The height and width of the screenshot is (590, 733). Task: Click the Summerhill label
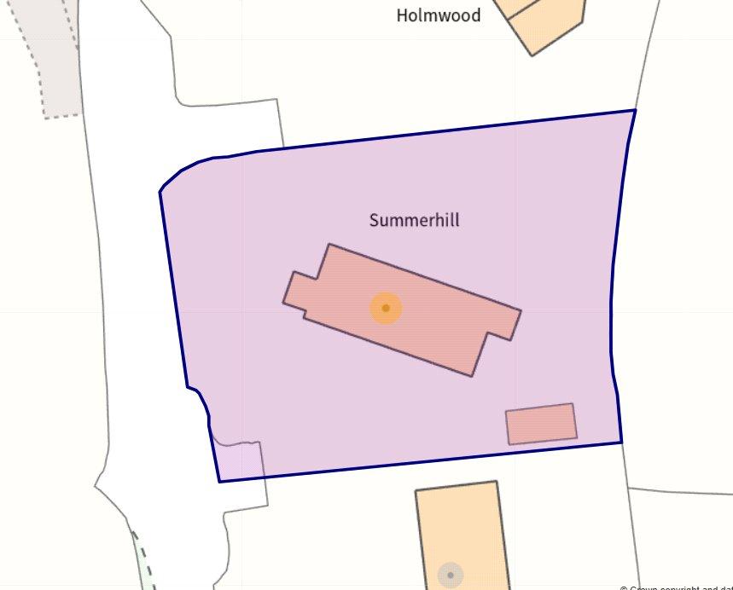click(414, 220)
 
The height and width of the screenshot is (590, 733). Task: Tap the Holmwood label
click(438, 15)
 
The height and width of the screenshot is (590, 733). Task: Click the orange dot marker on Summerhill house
click(386, 308)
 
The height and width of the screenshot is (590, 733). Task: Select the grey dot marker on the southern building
click(450, 576)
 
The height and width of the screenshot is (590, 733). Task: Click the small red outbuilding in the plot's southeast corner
click(541, 424)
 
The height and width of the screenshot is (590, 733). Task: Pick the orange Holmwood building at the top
click(546, 21)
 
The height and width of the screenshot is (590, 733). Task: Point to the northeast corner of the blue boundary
click(635, 111)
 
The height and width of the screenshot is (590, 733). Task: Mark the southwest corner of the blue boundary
click(220, 482)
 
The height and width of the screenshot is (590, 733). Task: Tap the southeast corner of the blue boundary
click(621, 442)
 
